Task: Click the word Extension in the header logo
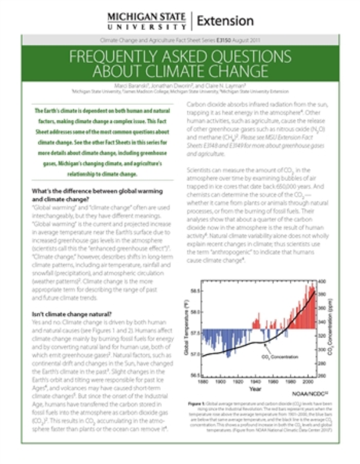(225, 21)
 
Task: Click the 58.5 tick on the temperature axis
(194, 290)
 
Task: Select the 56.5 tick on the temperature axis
(194, 375)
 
